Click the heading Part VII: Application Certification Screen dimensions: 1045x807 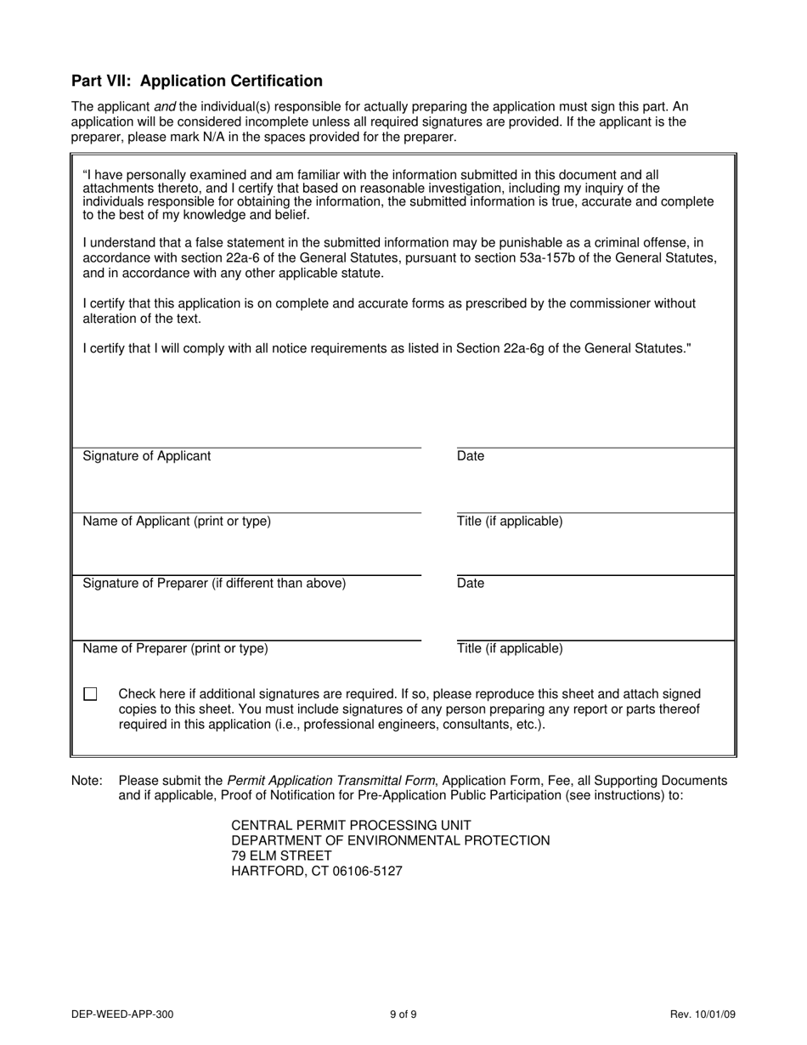pyautogui.click(x=196, y=81)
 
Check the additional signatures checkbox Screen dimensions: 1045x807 pyautogui.click(x=91, y=694)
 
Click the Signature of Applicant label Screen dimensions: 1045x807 pyautogui.click(x=146, y=456)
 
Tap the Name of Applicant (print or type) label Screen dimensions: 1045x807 pyautogui.click(x=177, y=522)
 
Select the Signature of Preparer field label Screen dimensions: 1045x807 pyautogui.click(x=214, y=584)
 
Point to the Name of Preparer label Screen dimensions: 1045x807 pyautogui.click(x=175, y=649)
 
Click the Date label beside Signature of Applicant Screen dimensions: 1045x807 pyautogui.click(x=471, y=456)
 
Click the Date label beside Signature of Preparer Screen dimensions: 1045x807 pyautogui.click(x=471, y=584)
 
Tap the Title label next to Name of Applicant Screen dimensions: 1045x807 pyautogui.click(x=510, y=522)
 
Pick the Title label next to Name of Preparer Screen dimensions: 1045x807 pyautogui.click(x=510, y=649)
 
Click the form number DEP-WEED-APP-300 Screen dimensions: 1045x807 pyautogui.click(x=123, y=1014)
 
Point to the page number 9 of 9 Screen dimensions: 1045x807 pyautogui.click(x=403, y=1014)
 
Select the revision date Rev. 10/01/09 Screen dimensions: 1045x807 pyautogui.click(x=702, y=1014)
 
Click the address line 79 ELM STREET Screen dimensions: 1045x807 pyautogui.click(x=281, y=856)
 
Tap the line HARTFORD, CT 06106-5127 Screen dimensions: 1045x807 pyautogui.click(x=317, y=871)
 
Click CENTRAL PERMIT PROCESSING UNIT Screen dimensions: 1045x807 pyautogui.click(x=351, y=825)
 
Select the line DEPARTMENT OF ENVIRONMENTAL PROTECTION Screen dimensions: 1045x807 pyautogui.click(x=391, y=840)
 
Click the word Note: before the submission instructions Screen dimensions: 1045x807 pyautogui.click(x=87, y=781)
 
